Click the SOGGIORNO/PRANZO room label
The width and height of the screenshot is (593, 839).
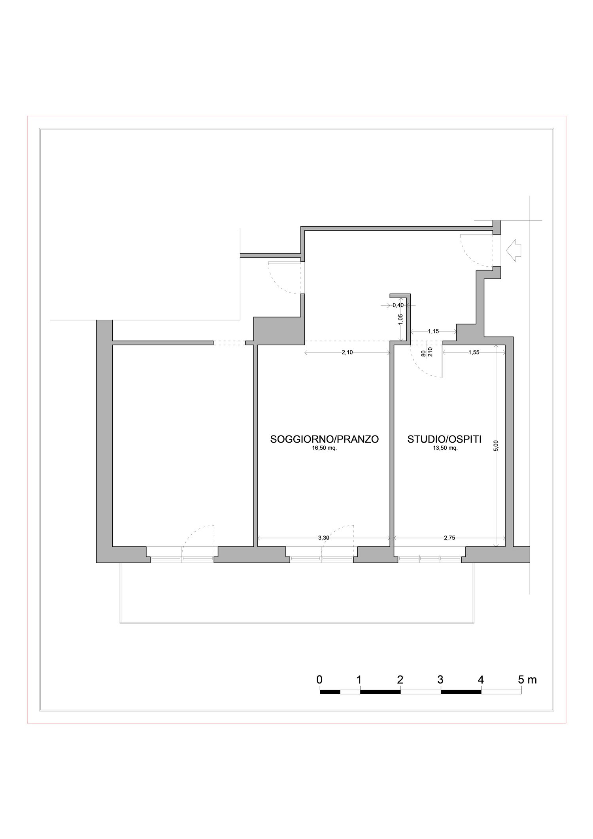324,439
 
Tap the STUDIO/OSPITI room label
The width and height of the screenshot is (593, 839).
444,439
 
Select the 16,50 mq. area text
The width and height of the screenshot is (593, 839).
324,448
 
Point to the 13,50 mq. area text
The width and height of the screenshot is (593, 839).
445,448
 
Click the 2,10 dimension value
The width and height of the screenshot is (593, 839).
347,352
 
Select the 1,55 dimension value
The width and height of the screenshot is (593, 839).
474,352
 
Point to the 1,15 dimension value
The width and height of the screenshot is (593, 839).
434,331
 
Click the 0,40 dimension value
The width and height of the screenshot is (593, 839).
398,305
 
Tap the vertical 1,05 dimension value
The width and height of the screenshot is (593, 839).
400,319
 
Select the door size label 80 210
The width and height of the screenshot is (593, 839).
427,352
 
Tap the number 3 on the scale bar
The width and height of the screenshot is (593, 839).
440,680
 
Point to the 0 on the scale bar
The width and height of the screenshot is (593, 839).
319,680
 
